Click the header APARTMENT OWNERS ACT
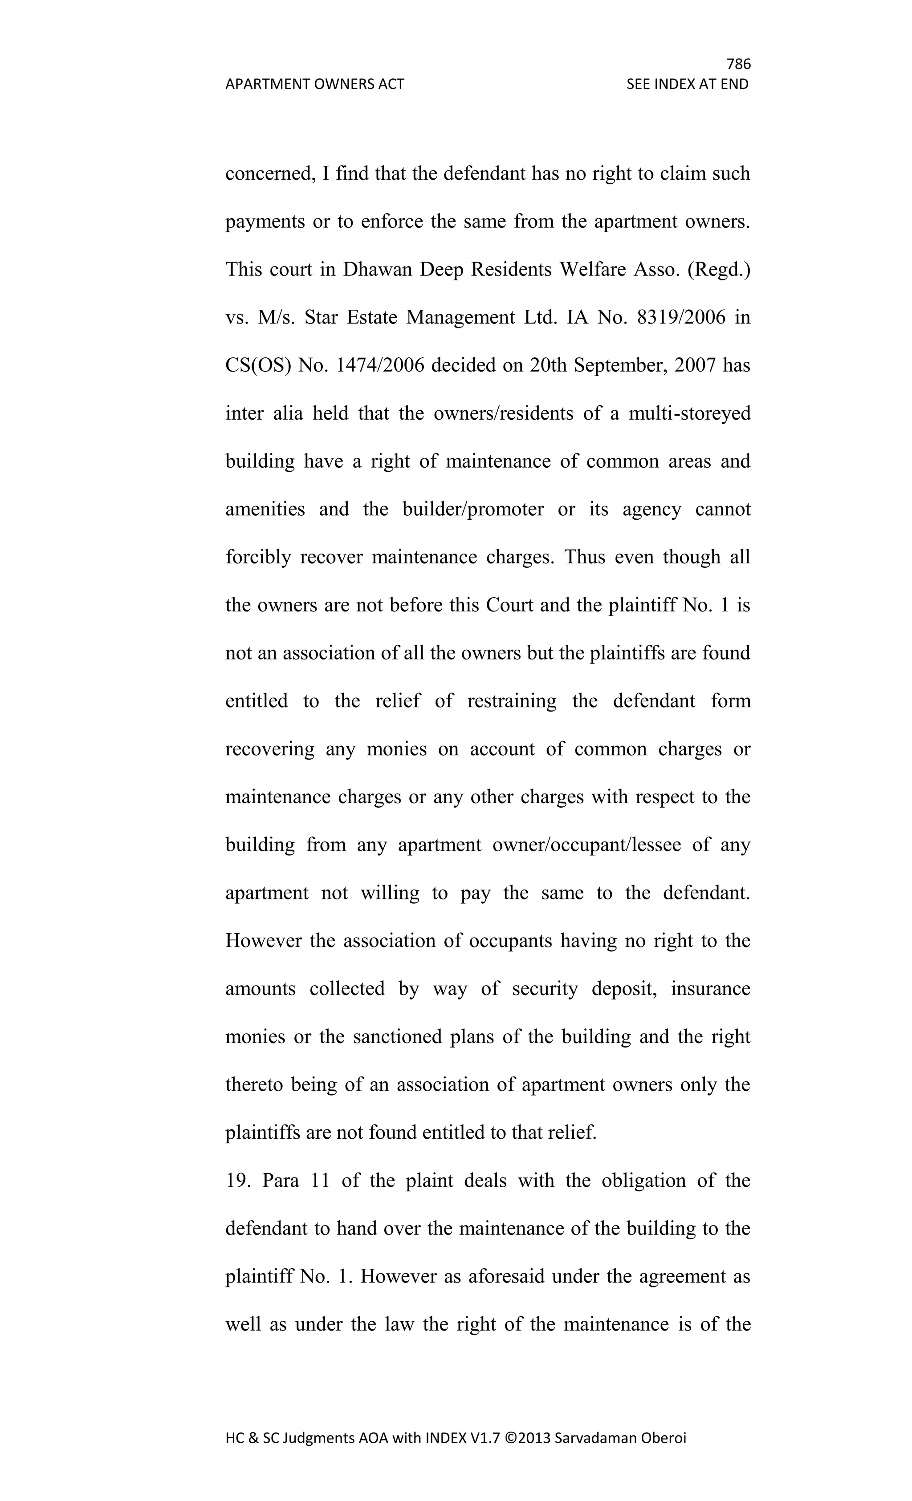314,84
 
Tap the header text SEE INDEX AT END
687,84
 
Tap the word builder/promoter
473,509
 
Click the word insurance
710,989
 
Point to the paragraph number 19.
236,1181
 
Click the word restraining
512,701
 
